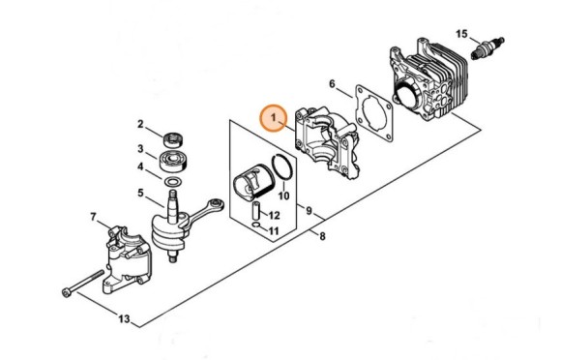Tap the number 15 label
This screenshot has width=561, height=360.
coord(461,34)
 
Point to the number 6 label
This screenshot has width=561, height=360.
coord(334,84)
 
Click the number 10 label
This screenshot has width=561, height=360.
coord(283,195)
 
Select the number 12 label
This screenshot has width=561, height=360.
coord(274,215)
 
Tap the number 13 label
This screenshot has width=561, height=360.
coord(124,318)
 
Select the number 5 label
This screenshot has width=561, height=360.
coord(141,194)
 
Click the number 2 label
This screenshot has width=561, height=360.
coord(140,125)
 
